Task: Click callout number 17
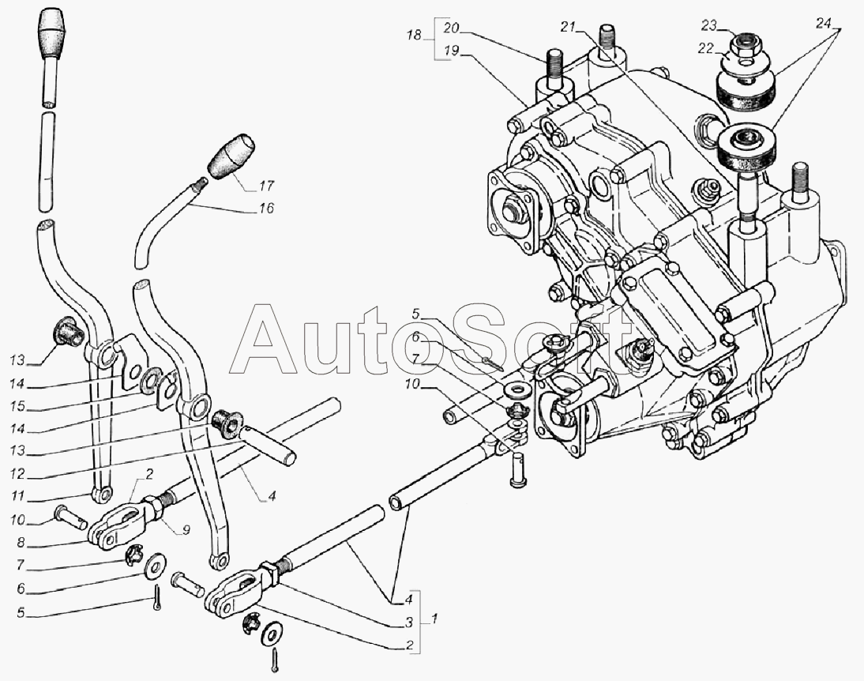tap(265, 187)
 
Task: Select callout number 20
tap(451, 28)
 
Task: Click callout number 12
tap(18, 476)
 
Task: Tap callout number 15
tap(18, 406)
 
